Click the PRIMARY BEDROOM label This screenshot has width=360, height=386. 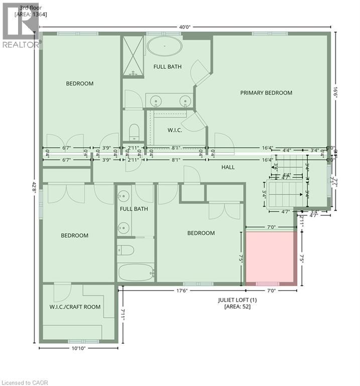[x=266, y=92]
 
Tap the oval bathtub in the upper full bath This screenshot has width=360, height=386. [x=165, y=48]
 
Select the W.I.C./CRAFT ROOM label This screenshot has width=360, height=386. [x=75, y=307]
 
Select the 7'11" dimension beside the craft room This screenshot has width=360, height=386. [x=124, y=315]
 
